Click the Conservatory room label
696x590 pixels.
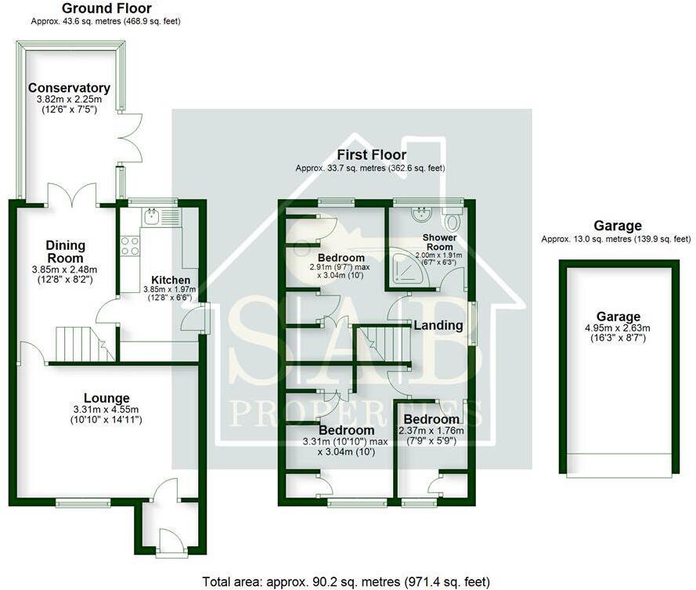(69, 88)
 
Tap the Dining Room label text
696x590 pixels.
(65, 252)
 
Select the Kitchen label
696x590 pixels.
(171, 280)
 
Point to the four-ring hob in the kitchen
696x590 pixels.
(130, 246)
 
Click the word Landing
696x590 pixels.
(438, 325)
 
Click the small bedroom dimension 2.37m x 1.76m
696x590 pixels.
(431, 430)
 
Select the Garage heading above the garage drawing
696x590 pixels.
(617, 226)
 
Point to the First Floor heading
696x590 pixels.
(371, 155)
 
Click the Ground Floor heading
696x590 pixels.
(106, 9)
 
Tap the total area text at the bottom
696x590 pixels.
(346, 581)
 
